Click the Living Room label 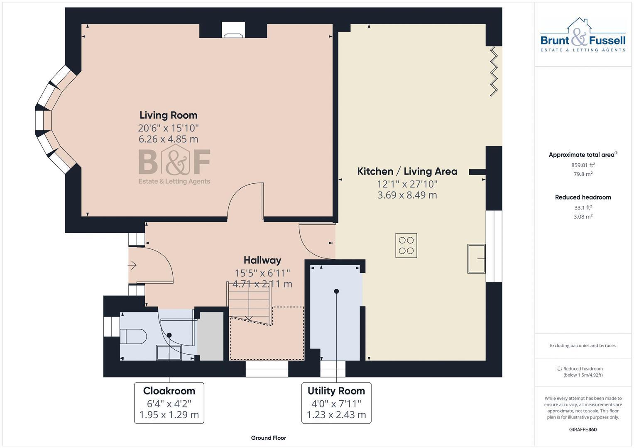(168, 115)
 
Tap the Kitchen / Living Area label (407, 171)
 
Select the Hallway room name (262, 261)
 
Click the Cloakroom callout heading (169, 391)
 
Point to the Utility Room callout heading (336, 391)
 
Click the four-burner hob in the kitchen (406, 246)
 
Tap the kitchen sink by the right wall (476, 258)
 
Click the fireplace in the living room (233, 31)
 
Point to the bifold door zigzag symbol (494, 71)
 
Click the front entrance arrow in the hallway (132, 265)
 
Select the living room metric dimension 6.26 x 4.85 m (168, 139)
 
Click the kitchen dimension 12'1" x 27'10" (407, 184)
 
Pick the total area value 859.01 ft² (583, 165)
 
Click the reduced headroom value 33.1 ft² (583, 207)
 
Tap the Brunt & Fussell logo (583, 35)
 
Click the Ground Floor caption (268, 438)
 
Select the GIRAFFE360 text (583, 429)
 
